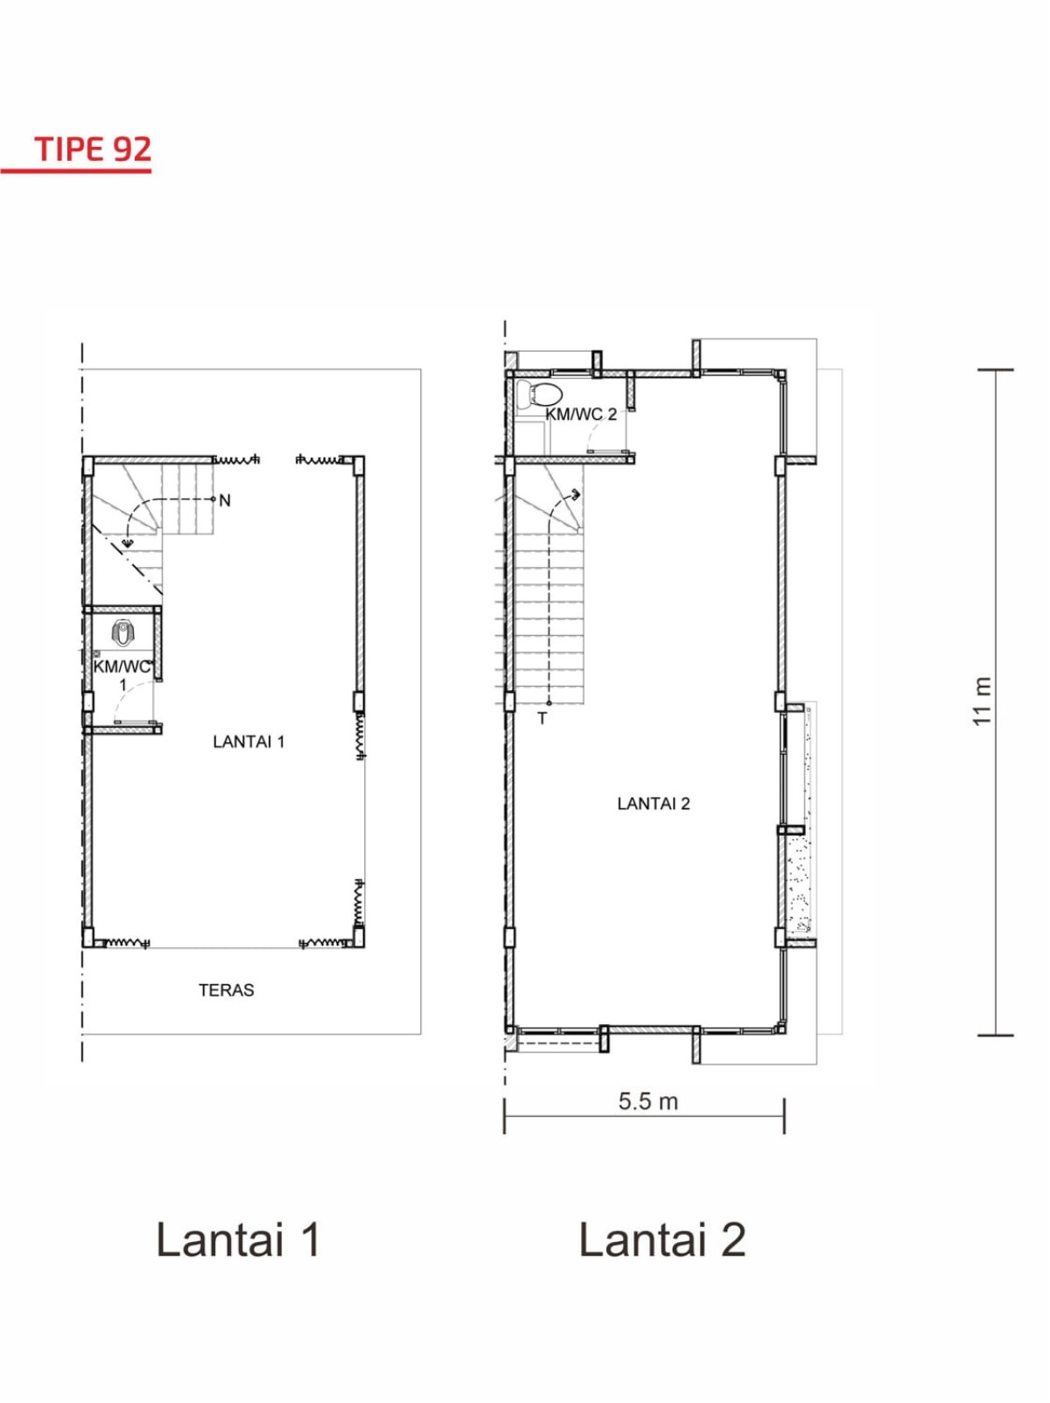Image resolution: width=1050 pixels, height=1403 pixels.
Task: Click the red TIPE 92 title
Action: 94,149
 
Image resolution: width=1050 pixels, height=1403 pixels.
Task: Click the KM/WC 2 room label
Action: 581,415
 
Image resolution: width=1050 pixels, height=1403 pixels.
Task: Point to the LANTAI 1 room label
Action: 248,742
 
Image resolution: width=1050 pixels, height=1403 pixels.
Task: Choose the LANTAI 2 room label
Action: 654,804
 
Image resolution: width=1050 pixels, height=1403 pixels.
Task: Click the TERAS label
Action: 227,990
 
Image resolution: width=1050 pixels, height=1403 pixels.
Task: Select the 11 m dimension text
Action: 982,701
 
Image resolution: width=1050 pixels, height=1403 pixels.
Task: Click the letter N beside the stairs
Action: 225,500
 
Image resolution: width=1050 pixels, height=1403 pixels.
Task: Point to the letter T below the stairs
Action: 542,719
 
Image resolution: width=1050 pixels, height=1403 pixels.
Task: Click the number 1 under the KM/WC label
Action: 123,685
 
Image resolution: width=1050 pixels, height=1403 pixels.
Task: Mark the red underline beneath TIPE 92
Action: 75,170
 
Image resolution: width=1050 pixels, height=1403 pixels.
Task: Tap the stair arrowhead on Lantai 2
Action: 576,492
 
